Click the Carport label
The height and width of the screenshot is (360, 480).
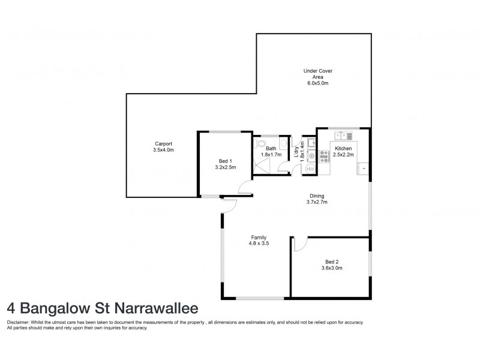coord(163,143)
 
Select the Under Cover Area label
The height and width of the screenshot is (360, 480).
coord(317,74)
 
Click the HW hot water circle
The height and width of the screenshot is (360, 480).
coord(310,170)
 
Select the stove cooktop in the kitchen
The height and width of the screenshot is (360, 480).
coord(325,156)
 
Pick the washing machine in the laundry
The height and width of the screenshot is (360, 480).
coord(311,157)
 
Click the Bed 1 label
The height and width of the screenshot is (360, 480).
coord(225,161)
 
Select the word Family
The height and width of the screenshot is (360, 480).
coord(258,237)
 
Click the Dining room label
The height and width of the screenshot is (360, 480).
coord(317,196)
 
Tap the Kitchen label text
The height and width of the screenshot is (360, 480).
coord(343,148)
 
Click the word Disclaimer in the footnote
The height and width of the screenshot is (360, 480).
coord(19,322)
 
